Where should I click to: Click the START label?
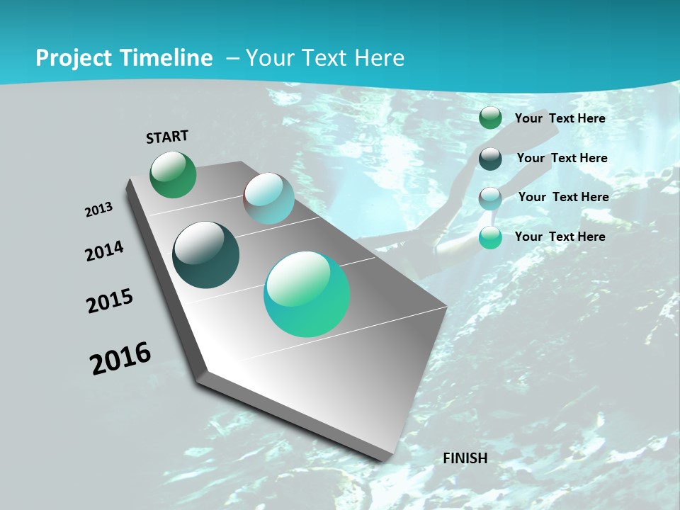[x=167, y=137]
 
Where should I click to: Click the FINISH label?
[x=465, y=458]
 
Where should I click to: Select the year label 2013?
[x=99, y=210]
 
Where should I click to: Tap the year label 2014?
[x=105, y=251]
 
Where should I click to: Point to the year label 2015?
[x=110, y=301]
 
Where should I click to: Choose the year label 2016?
[x=120, y=358]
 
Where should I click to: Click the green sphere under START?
[x=174, y=174]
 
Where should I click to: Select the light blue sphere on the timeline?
[x=269, y=198]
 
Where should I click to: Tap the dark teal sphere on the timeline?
[x=205, y=255]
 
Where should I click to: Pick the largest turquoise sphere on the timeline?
[x=307, y=294]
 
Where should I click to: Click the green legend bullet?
[x=490, y=118]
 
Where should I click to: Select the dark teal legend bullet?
[x=490, y=159]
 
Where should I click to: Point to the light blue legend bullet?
[x=490, y=198]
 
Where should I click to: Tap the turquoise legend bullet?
[x=490, y=238]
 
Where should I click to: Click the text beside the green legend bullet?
[x=560, y=118]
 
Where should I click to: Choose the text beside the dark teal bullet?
[x=562, y=158]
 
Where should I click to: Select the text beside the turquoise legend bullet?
[x=560, y=237]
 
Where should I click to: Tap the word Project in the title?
[x=72, y=58]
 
